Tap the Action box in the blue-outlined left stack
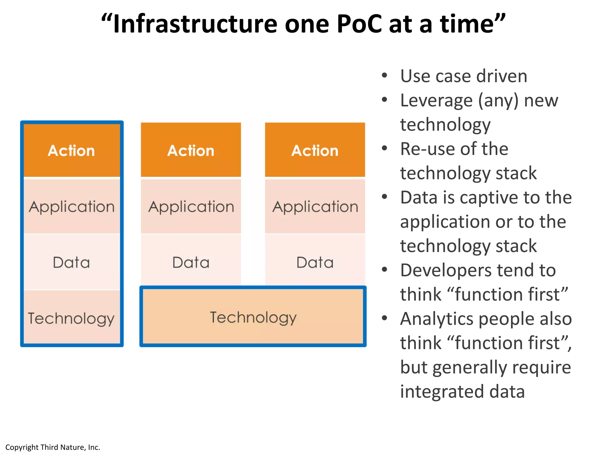pos(71,150)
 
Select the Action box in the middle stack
pos(191,150)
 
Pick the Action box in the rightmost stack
pos(315,150)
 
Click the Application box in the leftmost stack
pos(71,206)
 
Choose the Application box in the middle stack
pos(191,206)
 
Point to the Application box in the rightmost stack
pos(315,206)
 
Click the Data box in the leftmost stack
pos(71,262)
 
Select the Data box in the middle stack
pos(191,262)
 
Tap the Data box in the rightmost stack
pos(315,262)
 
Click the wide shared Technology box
pos(253,317)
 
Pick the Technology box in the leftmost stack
pos(71,318)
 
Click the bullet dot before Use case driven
pos(384,75)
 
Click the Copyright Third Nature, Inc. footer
pos(53,447)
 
